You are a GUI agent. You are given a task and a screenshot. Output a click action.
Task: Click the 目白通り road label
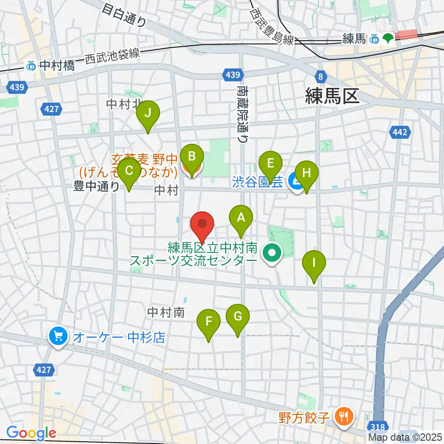pos(124,15)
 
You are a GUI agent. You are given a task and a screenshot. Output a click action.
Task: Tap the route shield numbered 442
pos(400,133)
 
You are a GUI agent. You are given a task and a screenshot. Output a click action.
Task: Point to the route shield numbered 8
pos(320,76)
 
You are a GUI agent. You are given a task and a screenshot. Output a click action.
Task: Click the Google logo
pos(31,433)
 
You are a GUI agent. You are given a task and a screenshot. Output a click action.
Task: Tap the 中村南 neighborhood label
pos(166,313)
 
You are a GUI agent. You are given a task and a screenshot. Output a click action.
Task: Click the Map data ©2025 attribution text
pos(405,437)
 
